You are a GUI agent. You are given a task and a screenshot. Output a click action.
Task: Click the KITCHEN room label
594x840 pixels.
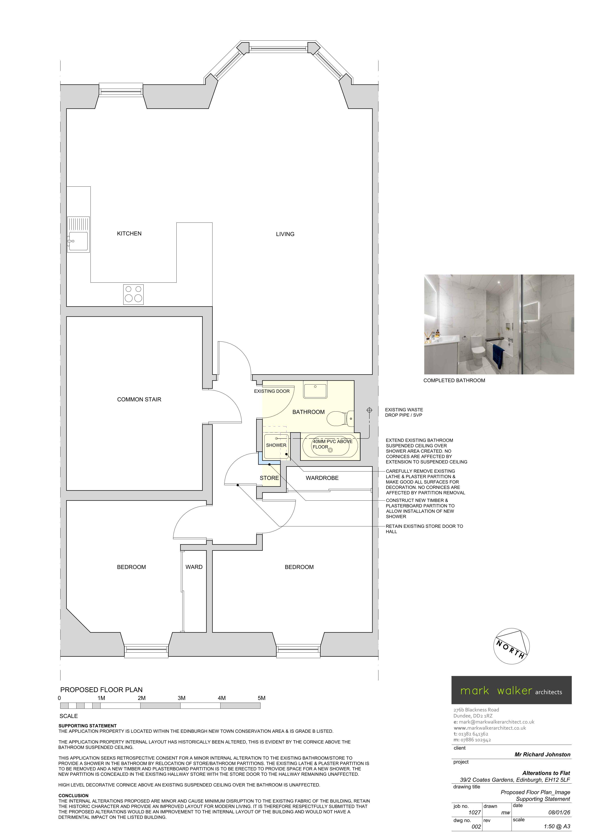click(x=129, y=233)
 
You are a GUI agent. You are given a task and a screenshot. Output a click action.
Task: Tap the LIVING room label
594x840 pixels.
click(x=285, y=234)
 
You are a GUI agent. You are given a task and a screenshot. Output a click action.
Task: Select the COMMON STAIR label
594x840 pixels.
click(x=139, y=399)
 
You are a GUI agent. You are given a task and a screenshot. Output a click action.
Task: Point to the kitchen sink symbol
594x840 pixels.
click(x=78, y=234)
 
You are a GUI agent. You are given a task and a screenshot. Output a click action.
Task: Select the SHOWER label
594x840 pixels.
click(x=276, y=445)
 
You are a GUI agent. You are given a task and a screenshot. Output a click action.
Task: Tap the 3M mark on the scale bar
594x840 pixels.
click(x=182, y=698)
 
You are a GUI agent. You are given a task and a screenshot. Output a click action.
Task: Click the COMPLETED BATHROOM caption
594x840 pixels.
click(x=454, y=380)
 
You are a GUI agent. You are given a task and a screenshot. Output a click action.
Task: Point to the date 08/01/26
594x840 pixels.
click(x=559, y=813)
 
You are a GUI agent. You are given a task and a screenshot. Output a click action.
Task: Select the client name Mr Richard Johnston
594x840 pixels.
click(x=542, y=754)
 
